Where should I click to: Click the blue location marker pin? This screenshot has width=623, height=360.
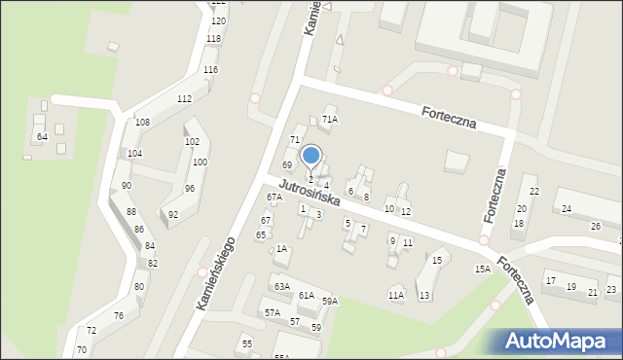pos(311,155)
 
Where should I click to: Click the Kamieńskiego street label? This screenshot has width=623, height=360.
pos(217,275)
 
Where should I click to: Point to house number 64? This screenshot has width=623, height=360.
pos(42,137)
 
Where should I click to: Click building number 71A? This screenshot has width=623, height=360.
pos(330,120)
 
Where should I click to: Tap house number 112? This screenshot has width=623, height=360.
pos(184,99)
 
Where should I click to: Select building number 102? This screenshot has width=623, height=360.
pos(192,142)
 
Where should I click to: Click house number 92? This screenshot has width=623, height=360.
pos(173,214)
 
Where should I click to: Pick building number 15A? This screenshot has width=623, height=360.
pos(481,269)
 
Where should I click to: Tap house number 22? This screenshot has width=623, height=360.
pos(534,191)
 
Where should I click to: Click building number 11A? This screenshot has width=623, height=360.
pos(395,295)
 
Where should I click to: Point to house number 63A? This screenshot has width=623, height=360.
pos(282,287)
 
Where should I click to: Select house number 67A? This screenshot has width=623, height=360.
pos(275,198)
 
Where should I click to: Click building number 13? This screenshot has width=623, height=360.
pos(423,295)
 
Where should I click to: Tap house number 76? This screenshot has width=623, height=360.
pos(119,316)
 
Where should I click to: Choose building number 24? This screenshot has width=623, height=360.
pos(566,209)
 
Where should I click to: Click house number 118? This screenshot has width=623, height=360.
pos(213,39)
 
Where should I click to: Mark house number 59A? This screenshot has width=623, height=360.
pos(330,302)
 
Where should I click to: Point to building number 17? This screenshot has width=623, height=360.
pos(551,281)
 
